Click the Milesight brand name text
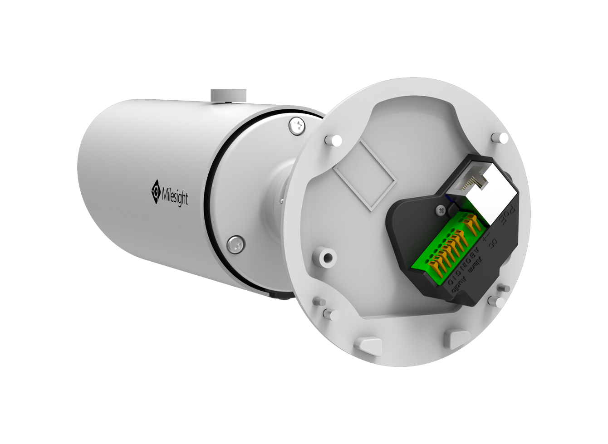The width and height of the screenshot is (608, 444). (x=175, y=196)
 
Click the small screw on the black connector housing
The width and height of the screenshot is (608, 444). (x=440, y=210)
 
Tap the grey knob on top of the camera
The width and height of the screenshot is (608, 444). (x=228, y=95)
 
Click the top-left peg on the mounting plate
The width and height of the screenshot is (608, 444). (x=335, y=140)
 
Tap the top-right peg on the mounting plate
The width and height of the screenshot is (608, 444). (x=502, y=137)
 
